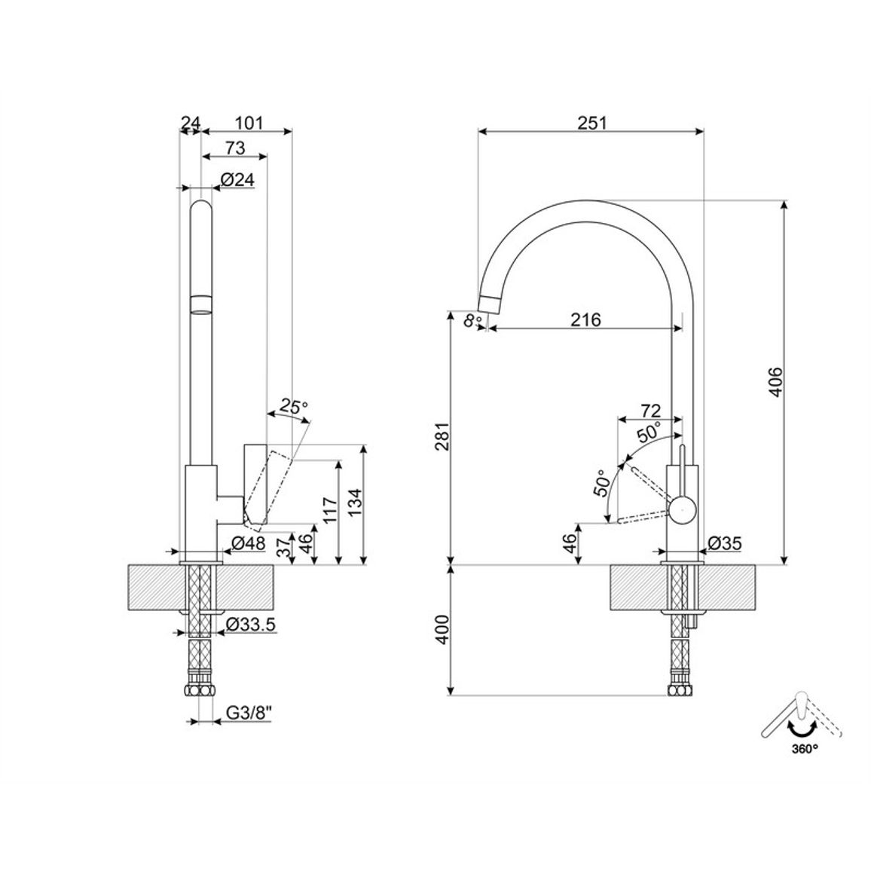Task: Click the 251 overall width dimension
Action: [x=592, y=122]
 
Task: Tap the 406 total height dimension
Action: [x=775, y=381]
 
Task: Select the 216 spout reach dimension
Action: [x=586, y=319]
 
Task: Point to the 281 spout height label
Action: [x=442, y=436]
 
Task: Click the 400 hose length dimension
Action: [x=442, y=629]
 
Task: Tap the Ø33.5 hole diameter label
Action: [x=250, y=625]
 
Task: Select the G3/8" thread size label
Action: [x=249, y=713]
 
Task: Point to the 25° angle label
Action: [x=294, y=407]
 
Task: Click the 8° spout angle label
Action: [x=472, y=320]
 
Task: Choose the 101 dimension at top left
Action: [x=249, y=122]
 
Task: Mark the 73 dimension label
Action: [x=235, y=148]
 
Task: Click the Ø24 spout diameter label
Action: [x=237, y=179]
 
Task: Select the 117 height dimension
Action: [x=329, y=511]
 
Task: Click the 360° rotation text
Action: [x=805, y=748]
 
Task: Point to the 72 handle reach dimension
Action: [x=650, y=411]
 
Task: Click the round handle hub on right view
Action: [x=682, y=509]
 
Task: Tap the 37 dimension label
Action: [x=284, y=547]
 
